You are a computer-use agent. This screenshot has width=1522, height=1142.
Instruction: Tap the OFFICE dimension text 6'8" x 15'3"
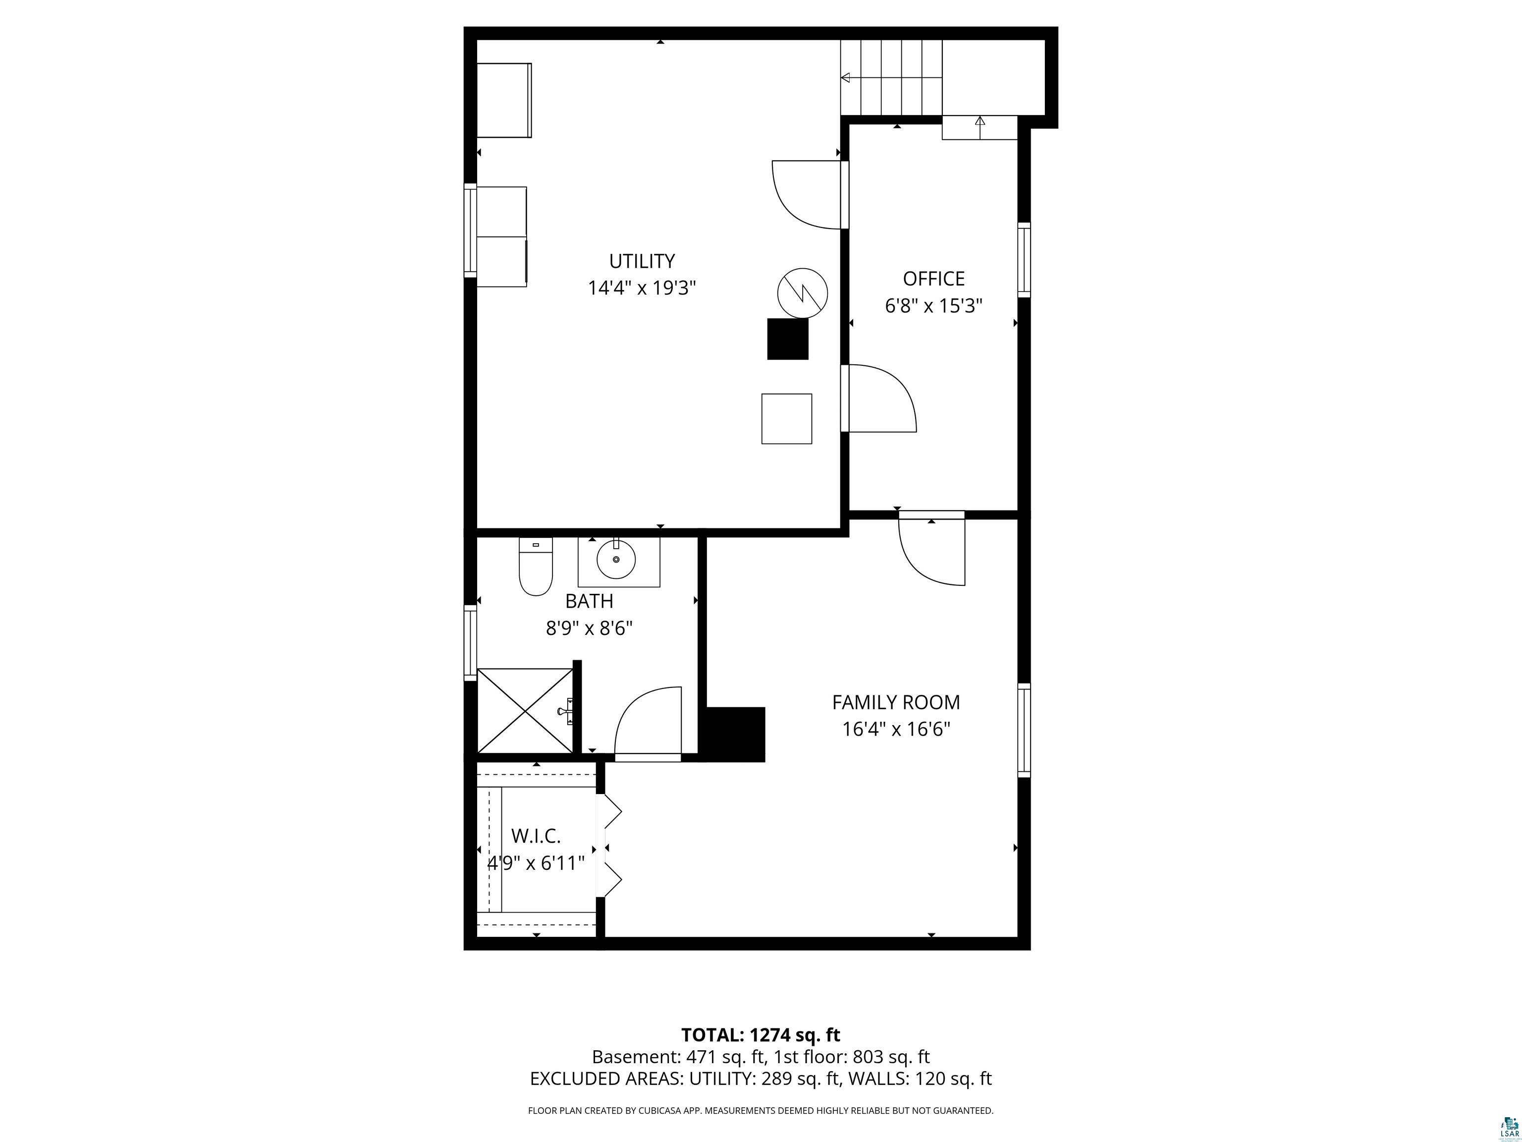[933, 306]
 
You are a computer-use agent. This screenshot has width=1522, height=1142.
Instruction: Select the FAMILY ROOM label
[895, 702]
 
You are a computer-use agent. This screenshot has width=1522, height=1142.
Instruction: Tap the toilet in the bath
[536, 567]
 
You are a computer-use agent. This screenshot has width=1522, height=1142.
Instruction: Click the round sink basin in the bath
[616, 559]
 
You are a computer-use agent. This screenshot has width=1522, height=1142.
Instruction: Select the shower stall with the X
[525, 710]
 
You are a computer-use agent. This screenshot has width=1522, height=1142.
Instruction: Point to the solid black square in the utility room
[788, 339]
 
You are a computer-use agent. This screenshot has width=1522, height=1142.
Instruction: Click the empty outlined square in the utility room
[786, 418]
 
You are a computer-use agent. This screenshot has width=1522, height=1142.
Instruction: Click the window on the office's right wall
[1024, 260]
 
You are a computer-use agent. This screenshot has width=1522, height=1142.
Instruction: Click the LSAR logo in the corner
[1504, 1126]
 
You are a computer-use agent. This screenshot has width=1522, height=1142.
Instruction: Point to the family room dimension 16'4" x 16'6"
[896, 729]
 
